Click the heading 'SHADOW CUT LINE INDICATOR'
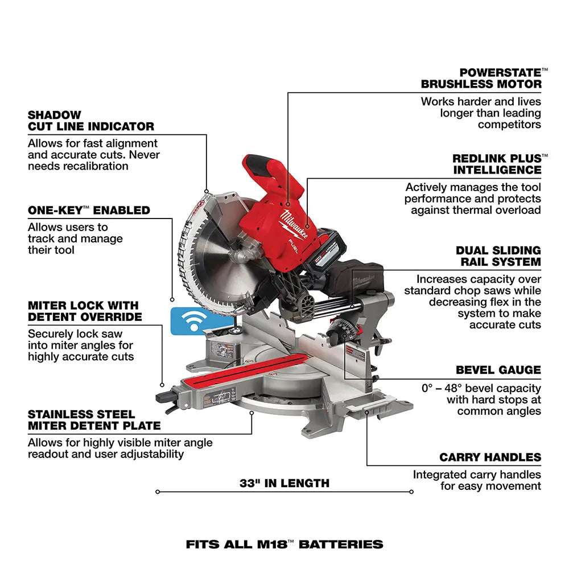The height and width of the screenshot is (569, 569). point(91,121)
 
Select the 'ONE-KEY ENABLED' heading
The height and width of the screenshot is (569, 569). point(89,211)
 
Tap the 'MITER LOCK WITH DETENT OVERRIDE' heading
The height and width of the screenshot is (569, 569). point(85,311)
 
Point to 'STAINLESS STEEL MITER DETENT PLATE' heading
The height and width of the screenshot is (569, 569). point(94,420)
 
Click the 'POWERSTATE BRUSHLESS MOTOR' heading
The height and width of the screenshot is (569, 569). point(481,79)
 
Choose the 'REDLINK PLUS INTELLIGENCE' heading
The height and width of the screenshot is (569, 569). point(497,164)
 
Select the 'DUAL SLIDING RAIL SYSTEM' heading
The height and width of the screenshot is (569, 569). point(498,256)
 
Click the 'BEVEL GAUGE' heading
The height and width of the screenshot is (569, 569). point(498,370)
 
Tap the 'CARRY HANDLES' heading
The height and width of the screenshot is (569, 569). point(490,457)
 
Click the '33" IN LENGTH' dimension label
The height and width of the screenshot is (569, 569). point(284,484)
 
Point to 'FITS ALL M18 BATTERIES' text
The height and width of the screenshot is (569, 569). point(284,545)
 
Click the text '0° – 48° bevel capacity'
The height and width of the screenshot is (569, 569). point(481,388)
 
